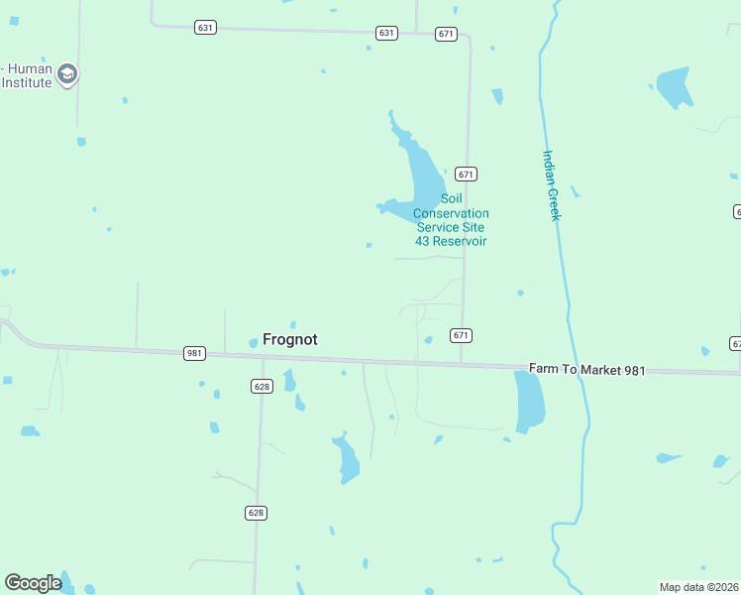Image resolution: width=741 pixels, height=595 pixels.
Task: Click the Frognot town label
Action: (x=289, y=339)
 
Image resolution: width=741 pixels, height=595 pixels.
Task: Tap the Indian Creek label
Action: (x=552, y=184)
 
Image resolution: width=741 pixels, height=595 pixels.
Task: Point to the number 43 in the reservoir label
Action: (x=423, y=241)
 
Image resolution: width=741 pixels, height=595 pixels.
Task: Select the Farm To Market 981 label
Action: (x=586, y=370)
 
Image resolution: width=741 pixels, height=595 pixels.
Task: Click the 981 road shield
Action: (x=194, y=353)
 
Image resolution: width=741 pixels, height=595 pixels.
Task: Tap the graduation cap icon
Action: (x=67, y=74)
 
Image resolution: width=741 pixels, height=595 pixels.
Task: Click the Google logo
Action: (x=33, y=583)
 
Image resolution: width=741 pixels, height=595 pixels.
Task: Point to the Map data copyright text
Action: (x=698, y=587)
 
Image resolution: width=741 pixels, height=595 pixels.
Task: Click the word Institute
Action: (x=26, y=82)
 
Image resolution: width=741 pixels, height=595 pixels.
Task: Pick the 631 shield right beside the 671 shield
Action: (x=386, y=33)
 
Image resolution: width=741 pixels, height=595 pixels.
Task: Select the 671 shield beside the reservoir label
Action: (x=467, y=174)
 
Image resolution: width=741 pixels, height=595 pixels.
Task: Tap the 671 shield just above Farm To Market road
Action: (x=461, y=335)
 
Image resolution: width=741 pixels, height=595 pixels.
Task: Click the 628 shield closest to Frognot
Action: (x=262, y=386)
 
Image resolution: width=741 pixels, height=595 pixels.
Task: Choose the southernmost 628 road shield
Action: (x=256, y=513)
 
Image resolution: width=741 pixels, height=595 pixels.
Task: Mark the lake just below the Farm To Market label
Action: (x=530, y=402)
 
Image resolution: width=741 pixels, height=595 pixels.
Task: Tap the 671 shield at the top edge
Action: (x=446, y=34)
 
